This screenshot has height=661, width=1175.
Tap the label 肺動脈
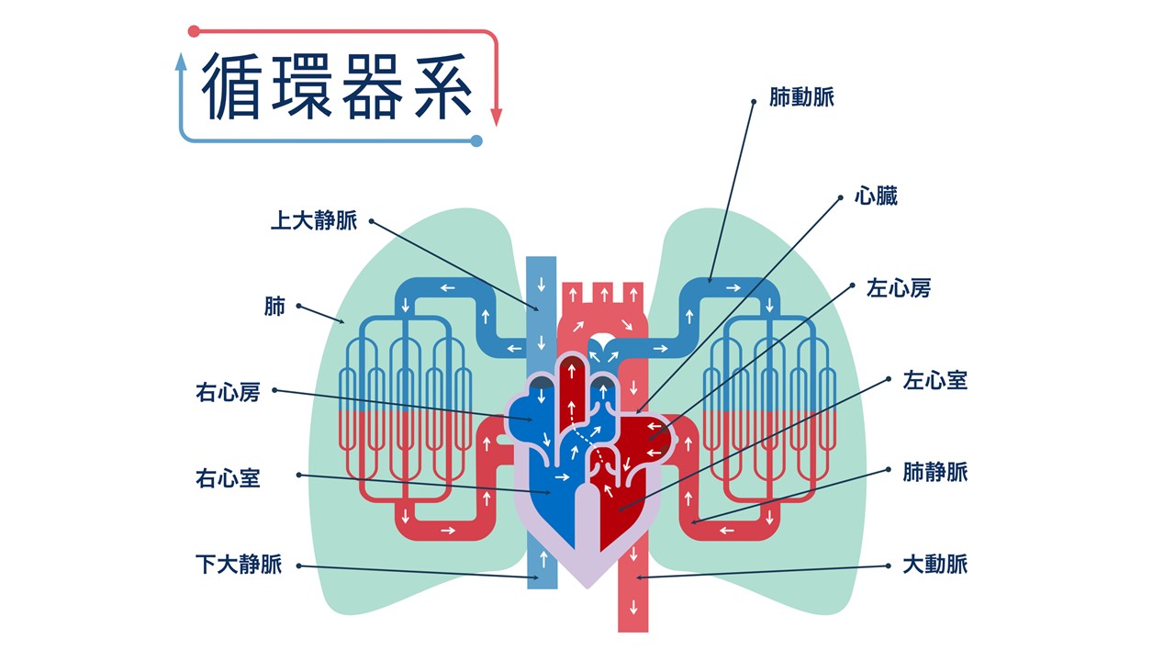tap(803, 97)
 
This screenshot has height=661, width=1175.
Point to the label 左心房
tap(899, 288)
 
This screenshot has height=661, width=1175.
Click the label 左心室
tap(934, 380)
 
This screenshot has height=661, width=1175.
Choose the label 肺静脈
tap(934, 473)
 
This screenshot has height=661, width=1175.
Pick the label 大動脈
tap(934, 564)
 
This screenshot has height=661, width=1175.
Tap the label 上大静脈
tap(313, 221)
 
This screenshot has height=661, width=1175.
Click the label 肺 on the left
tap(274, 307)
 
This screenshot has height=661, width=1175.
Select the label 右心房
tap(228, 393)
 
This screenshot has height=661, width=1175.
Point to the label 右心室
tap(228, 477)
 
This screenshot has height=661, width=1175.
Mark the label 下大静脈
tap(239, 564)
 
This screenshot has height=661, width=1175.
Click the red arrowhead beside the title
tap(497, 118)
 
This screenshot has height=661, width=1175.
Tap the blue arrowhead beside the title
tap(181, 62)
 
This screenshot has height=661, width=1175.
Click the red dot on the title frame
tap(193, 31)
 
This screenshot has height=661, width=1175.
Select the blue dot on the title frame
tap(476, 140)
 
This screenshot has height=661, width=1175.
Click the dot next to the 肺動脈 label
tap(754, 102)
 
